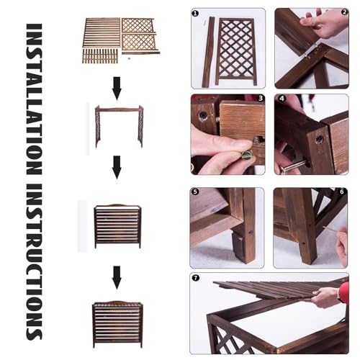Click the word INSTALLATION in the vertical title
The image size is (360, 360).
pos(34,99)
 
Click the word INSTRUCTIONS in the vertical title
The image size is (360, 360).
pos(34,262)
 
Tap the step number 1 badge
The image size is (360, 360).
pos(195,14)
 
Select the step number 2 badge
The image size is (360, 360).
pos(344,12)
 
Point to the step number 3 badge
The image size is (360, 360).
pos(261,98)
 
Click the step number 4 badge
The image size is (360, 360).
pos(282,99)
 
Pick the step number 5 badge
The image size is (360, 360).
pos(195,192)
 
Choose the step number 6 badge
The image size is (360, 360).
pos(342,192)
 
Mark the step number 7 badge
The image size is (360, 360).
pos(196,278)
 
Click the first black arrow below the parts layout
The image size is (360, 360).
pos(117,89)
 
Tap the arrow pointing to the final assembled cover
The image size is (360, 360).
pos(117,277)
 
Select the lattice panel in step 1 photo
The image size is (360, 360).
pos(236,51)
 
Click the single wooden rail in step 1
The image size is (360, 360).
pos(208,52)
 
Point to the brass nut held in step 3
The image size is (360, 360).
pos(247,156)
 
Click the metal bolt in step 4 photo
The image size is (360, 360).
pos(294,166)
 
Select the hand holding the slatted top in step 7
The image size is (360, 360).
pos(327,297)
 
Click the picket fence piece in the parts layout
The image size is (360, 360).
pos(100,56)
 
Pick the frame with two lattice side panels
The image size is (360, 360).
pos(120,126)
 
